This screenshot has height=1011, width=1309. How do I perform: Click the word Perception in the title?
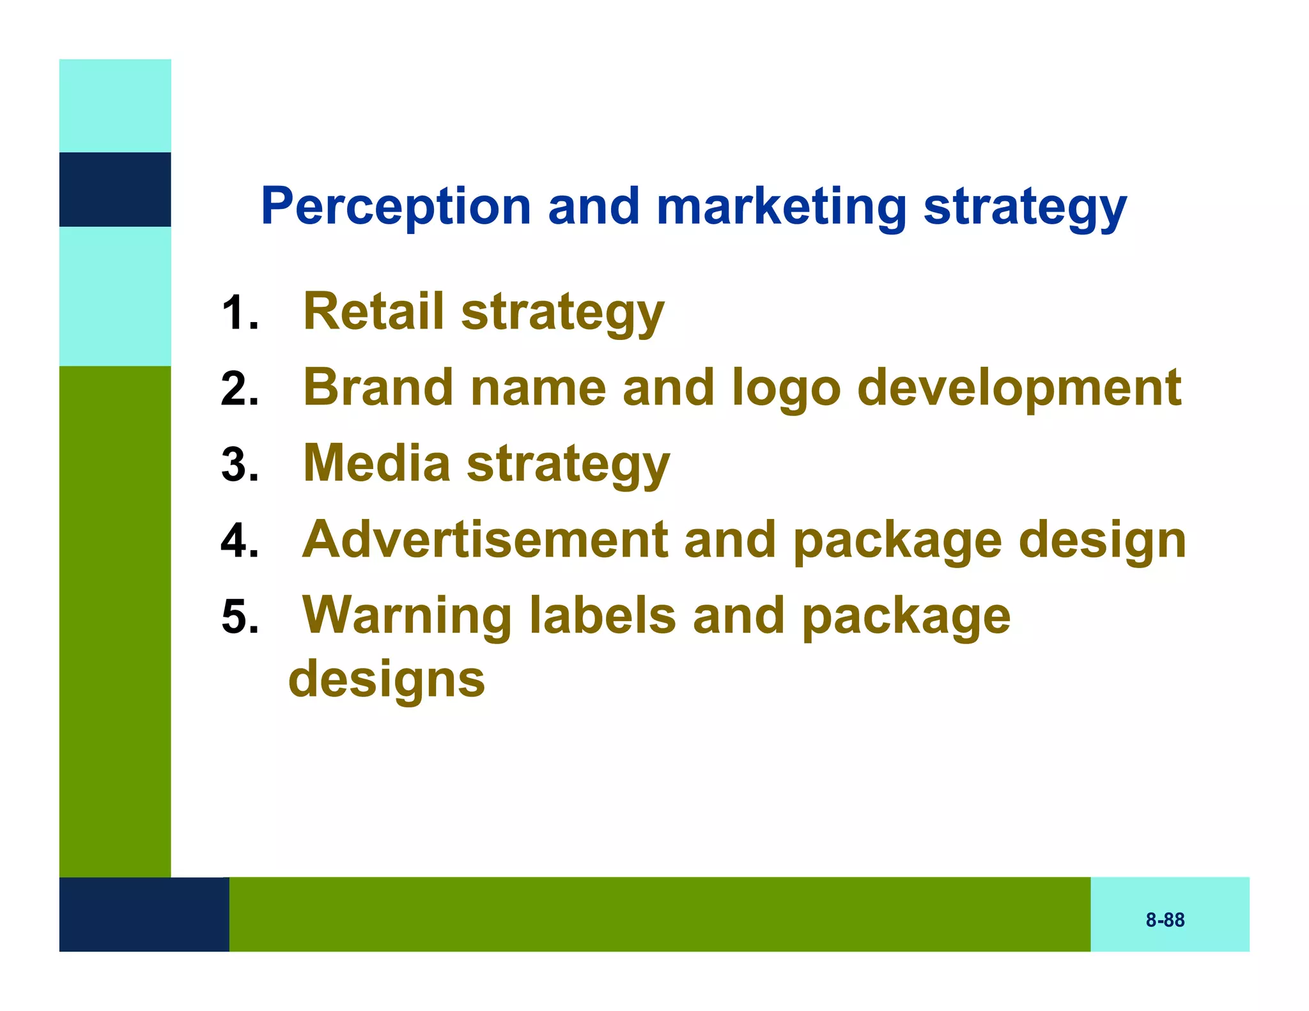pyautogui.click(x=396, y=206)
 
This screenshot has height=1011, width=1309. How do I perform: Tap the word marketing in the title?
pyautogui.click(x=781, y=206)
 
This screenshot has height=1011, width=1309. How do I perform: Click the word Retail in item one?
pyautogui.click(x=373, y=311)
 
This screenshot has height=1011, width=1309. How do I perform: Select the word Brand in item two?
pyautogui.click(x=378, y=387)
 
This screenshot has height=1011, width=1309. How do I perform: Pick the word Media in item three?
pyautogui.click(x=376, y=463)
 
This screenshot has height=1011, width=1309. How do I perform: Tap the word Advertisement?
pyautogui.click(x=485, y=539)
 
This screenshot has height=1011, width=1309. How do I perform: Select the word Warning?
pyautogui.click(x=407, y=615)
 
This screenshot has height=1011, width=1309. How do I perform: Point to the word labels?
pyautogui.click(x=603, y=615)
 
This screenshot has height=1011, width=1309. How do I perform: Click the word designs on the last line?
pyautogui.click(x=387, y=679)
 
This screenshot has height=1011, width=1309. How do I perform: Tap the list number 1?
pyautogui.click(x=239, y=313)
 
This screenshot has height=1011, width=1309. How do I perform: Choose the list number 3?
pyautogui.click(x=239, y=465)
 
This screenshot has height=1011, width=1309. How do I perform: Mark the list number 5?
pyautogui.click(x=239, y=617)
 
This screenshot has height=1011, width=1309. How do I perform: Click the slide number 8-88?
pyautogui.click(x=1165, y=920)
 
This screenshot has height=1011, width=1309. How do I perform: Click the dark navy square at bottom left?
pyautogui.click(x=144, y=914)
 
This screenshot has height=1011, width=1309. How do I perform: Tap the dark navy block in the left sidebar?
pyautogui.click(x=115, y=189)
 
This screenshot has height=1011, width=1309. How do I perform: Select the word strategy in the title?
pyautogui.click(x=1025, y=206)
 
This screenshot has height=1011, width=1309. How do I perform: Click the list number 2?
pyautogui.click(x=239, y=389)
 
